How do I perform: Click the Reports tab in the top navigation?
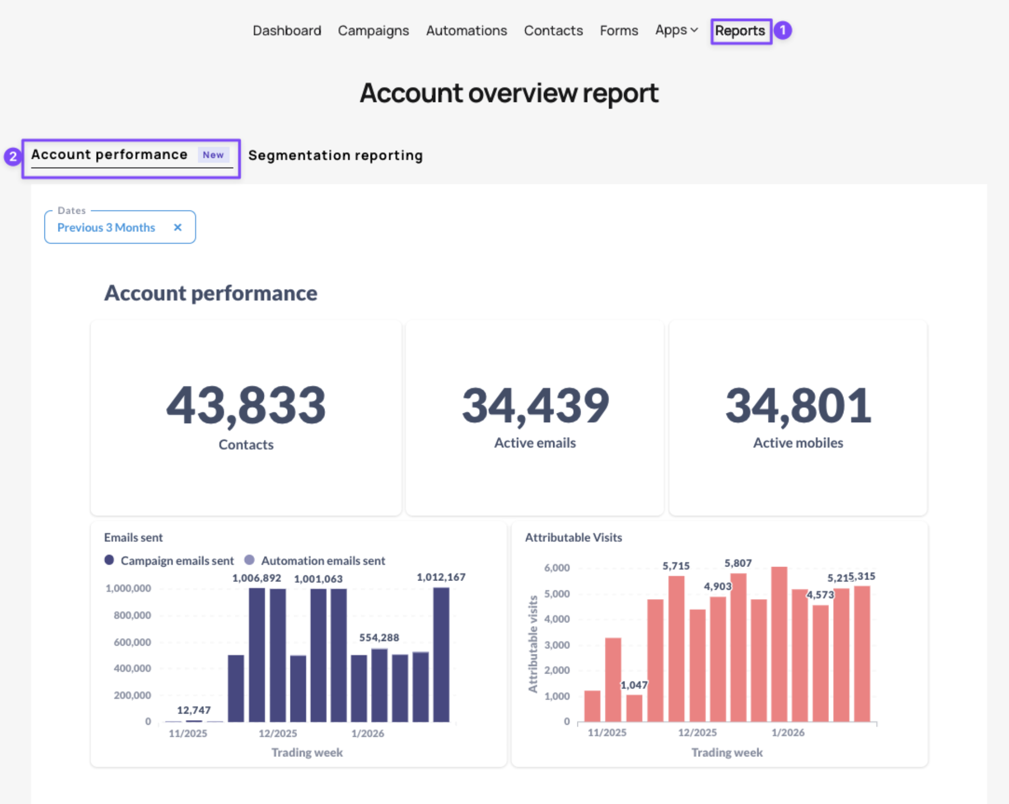(740, 31)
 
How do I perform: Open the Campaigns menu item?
(373, 31)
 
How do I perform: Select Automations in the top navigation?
(466, 31)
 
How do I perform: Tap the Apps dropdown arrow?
(694, 30)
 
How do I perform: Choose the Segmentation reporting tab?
(335, 155)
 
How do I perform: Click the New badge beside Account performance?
(213, 155)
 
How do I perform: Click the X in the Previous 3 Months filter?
(177, 227)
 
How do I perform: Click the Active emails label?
(535, 443)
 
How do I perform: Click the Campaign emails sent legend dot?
(109, 560)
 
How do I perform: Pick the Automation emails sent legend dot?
(249, 560)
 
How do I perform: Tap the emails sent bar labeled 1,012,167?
(441, 654)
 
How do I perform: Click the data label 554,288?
(379, 637)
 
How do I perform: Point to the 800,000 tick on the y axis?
(132, 615)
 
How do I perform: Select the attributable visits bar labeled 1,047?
(634, 708)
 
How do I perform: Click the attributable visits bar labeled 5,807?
(738, 647)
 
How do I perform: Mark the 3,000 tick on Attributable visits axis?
(557, 645)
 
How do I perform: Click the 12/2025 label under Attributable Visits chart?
(698, 733)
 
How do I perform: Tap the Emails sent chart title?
(133, 538)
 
